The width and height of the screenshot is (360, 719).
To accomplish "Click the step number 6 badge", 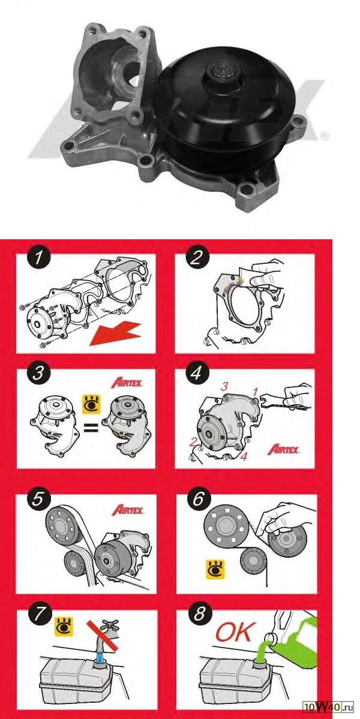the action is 197,499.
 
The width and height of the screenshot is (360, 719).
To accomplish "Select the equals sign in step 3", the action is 92,429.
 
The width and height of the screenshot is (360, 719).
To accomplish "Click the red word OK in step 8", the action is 233,633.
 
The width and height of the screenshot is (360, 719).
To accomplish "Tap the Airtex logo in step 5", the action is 127,510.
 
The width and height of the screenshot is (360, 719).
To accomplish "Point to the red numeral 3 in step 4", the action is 225,387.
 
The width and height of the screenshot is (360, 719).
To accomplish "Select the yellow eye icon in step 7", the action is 64,626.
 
